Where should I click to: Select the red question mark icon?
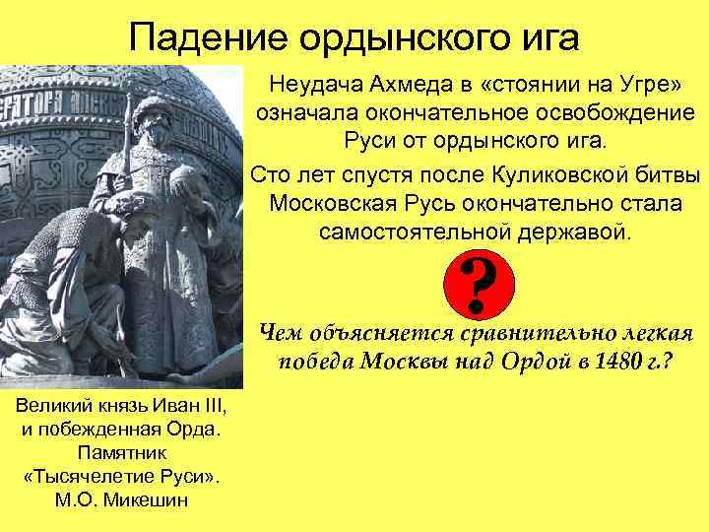click(x=479, y=287)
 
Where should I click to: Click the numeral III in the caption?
click(x=214, y=407)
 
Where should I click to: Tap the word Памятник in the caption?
click(x=122, y=452)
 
